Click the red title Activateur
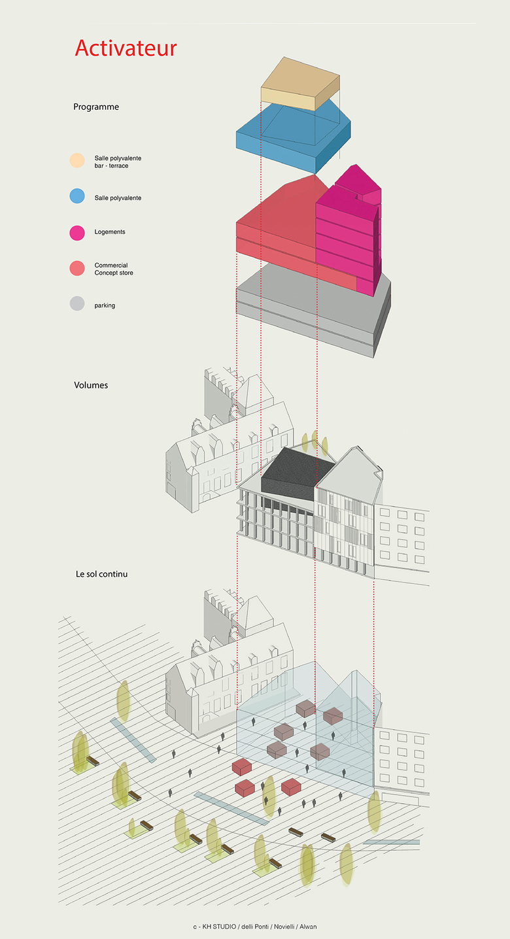pyautogui.click(x=126, y=48)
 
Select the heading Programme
pyautogui.click(x=96, y=107)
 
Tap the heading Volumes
pyautogui.click(x=91, y=385)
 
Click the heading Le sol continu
pyautogui.click(x=101, y=574)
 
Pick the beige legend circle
pyautogui.click(x=77, y=161)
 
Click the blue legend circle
pyautogui.click(x=77, y=196)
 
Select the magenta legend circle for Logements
pyautogui.click(x=77, y=232)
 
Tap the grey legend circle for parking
pyautogui.click(x=77, y=303)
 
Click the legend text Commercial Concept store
pyautogui.click(x=113, y=269)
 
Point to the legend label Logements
pyautogui.click(x=110, y=232)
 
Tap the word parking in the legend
pyautogui.click(x=105, y=305)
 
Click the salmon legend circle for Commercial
pyautogui.click(x=77, y=268)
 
